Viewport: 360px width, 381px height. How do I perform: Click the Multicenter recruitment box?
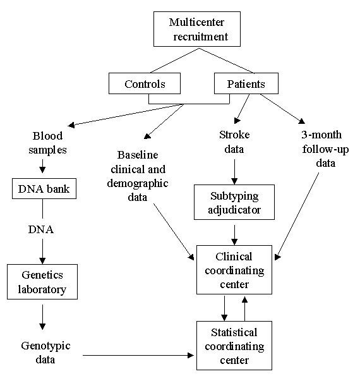197,30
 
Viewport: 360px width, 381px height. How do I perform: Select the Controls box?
145,84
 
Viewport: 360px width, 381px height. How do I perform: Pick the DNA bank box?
41,188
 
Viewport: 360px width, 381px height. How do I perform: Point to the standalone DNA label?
41,229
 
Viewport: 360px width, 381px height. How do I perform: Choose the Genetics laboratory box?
42,282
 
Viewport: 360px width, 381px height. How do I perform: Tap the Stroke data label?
235,142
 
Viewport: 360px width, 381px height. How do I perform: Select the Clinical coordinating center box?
234,270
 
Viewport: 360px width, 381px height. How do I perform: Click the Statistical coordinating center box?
234,346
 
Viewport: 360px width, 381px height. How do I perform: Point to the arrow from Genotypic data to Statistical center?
139,355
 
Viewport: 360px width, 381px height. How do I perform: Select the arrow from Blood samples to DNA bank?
42,166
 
